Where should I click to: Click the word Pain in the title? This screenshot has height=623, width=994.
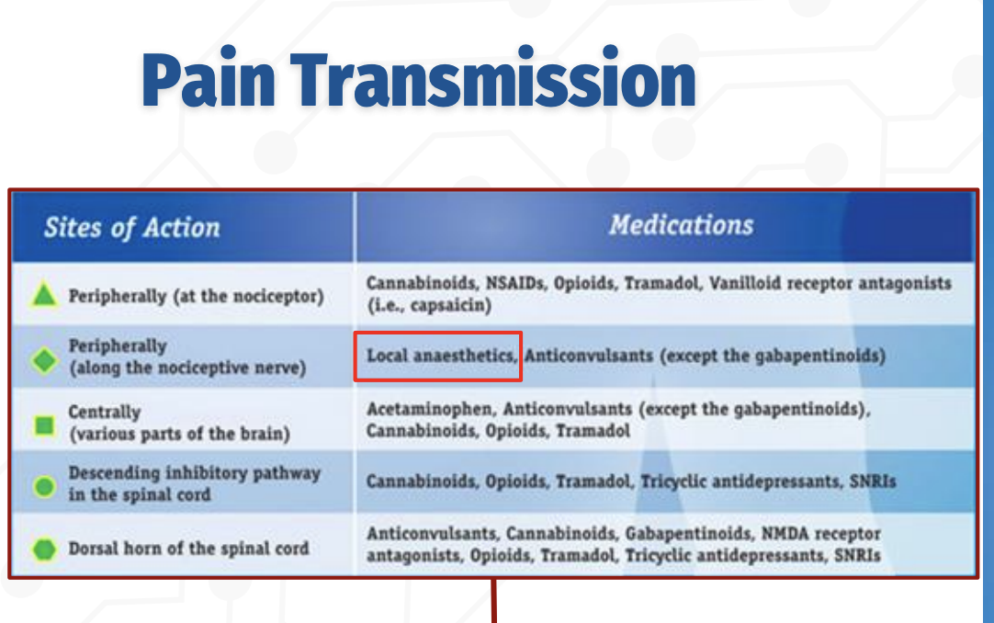209,80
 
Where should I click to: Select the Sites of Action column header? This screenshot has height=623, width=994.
131,228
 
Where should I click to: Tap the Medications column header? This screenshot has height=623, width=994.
681,225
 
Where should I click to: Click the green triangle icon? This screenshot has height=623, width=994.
43,296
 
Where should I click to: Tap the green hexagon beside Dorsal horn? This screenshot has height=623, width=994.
43,549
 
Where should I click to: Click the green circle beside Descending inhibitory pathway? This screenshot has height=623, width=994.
43,485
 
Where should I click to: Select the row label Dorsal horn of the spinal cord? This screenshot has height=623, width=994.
188,549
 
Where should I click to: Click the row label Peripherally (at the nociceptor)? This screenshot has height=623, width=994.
196,296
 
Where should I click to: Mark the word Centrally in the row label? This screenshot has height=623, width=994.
105,412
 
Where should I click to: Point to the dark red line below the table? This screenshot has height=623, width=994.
494,602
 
